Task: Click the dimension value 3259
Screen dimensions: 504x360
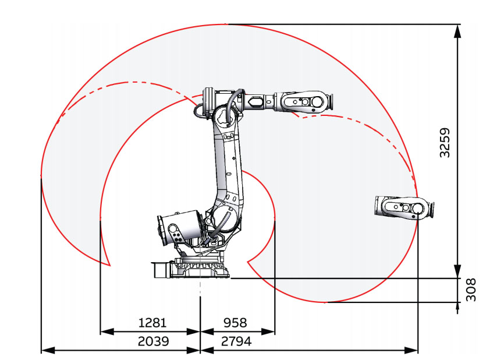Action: click(x=445, y=143)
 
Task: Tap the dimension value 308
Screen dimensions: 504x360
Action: click(x=471, y=290)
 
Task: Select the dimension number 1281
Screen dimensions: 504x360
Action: click(x=152, y=322)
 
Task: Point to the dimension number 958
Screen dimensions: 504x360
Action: click(x=235, y=322)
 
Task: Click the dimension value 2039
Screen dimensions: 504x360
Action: click(x=153, y=341)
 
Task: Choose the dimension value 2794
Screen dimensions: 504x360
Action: click(x=236, y=341)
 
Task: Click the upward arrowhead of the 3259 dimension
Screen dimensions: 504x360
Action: click(x=457, y=31)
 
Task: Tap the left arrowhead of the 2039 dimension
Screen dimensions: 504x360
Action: click(x=49, y=350)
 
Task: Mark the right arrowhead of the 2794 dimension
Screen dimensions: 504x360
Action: click(x=411, y=350)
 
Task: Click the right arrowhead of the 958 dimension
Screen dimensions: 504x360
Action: click(x=268, y=331)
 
